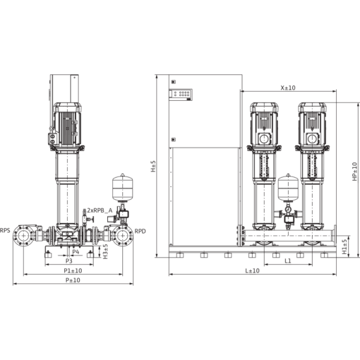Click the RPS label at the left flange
coord(5,230)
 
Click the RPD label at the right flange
coord(140,230)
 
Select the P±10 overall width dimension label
coord(73,280)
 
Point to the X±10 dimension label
coord(289,88)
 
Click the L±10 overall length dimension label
coord(252,272)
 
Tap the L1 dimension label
coord(289,262)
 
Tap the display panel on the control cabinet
coord(181,94)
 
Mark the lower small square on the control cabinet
coord(173,140)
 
